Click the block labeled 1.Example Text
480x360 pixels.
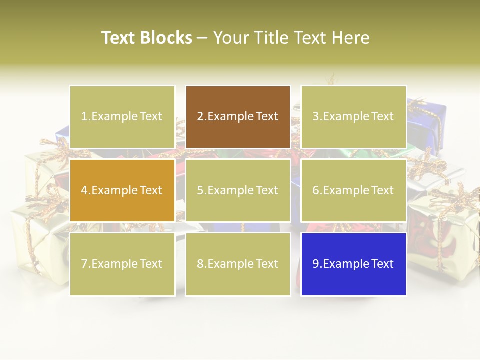click(122, 117)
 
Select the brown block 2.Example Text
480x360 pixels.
click(238, 117)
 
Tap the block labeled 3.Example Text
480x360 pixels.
click(353, 117)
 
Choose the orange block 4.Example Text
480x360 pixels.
click(122, 190)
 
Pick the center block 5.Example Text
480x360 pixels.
click(238, 190)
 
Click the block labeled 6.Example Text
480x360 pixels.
click(353, 190)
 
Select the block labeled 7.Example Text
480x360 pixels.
click(122, 264)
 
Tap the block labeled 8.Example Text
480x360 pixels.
click(238, 264)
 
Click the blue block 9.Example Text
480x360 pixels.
click(353, 264)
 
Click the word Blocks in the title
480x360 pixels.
click(166, 38)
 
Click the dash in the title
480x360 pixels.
click(202, 38)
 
